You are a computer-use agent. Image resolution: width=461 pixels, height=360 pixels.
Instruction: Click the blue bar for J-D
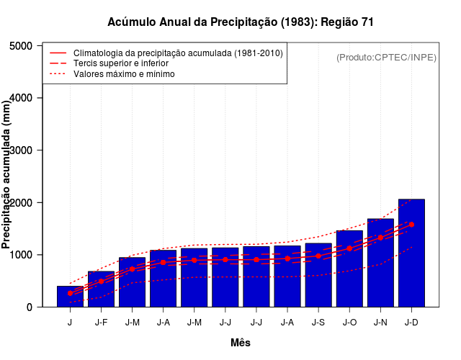[x=411, y=274]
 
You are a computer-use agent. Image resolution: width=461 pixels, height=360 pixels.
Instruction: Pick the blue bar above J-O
[x=349, y=281]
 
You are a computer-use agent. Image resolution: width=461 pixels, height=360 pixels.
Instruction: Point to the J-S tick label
[x=318, y=323]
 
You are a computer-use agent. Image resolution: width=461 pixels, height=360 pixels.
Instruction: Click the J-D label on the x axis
[x=411, y=323]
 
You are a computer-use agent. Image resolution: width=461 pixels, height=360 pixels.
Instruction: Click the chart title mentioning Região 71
[x=241, y=22]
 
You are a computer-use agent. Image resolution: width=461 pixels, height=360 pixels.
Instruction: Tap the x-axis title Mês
[x=241, y=343]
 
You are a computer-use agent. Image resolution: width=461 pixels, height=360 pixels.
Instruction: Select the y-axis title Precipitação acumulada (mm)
[x=7, y=176]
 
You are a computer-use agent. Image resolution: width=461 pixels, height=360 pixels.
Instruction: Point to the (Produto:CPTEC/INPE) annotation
[x=386, y=57]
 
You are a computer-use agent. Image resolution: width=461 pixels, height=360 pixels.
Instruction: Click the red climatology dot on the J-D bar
[x=411, y=225]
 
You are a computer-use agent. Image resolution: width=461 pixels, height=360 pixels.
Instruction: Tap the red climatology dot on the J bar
[x=70, y=294]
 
